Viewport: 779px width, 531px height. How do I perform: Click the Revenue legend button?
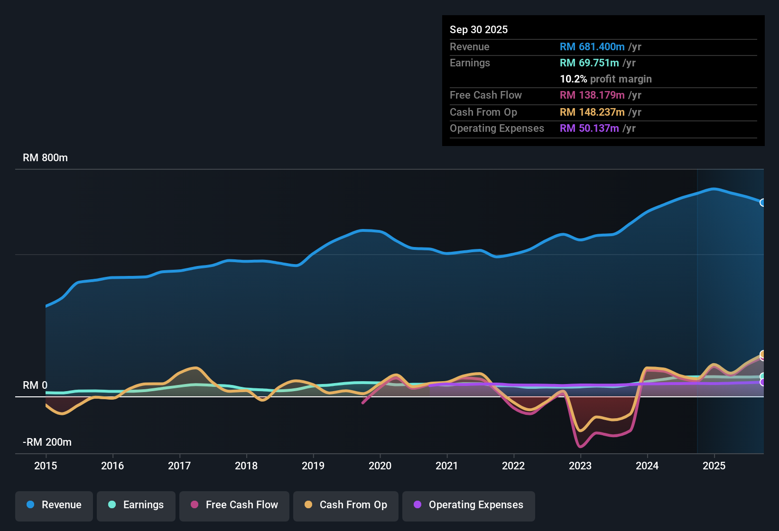(x=54, y=505)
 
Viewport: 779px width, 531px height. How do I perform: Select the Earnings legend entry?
(x=136, y=505)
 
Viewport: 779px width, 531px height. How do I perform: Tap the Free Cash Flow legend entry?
(x=234, y=505)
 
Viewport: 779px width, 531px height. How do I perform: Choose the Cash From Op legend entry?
(x=346, y=505)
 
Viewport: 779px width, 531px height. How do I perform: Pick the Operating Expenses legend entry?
(x=469, y=505)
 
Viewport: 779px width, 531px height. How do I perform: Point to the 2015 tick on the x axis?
(x=46, y=466)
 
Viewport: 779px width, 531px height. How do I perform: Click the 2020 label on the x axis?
(x=380, y=466)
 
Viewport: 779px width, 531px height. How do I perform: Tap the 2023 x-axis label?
(x=580, y=466)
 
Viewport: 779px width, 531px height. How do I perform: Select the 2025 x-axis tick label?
(x=714, y=466)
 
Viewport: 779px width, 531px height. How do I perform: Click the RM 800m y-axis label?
(x=45, y=158)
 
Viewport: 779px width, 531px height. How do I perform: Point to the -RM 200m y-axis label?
(x=47, y=442)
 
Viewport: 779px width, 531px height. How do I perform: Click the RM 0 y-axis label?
(x=35, y=385)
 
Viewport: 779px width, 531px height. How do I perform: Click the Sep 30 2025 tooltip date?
(x=478, y=30)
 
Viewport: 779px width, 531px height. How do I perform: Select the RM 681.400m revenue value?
(x=592, y=47)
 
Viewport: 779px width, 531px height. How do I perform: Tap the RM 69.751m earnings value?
(x=589, y=63)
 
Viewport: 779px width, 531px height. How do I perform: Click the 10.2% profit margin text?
(x=605, y=79)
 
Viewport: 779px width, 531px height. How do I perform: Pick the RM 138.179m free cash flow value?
(x=592, y=95)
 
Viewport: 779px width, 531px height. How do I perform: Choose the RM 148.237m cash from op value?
(x=592, y=112)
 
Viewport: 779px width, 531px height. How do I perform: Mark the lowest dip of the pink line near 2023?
(x=580, y=447)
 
